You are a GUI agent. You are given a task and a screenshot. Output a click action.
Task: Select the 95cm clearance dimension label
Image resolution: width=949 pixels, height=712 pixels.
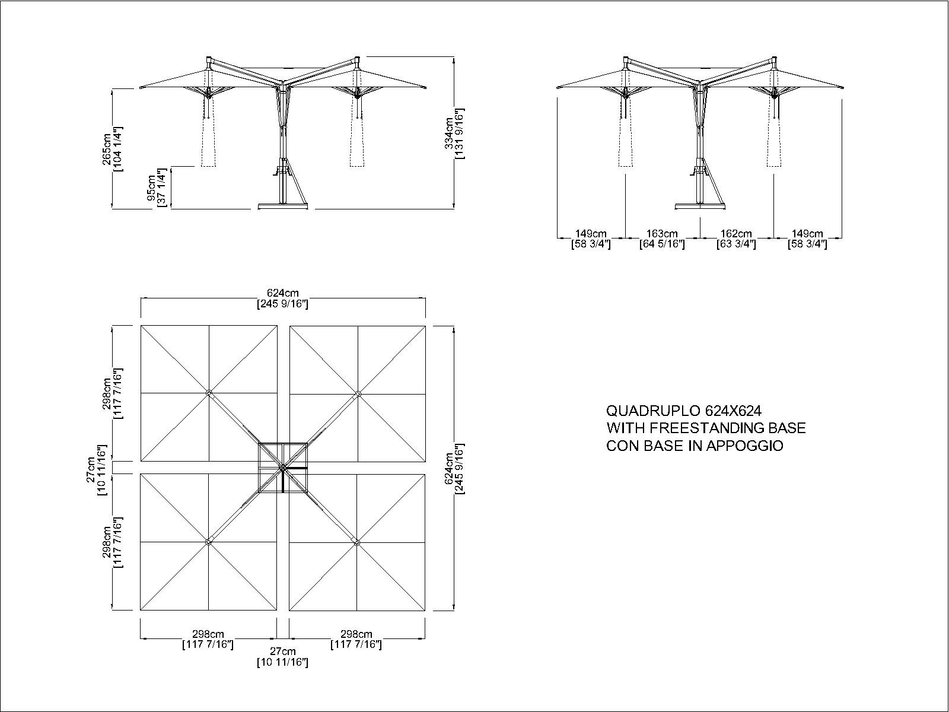click(152, 187)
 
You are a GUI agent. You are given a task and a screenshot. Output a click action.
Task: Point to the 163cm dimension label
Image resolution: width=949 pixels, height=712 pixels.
click(662, 234)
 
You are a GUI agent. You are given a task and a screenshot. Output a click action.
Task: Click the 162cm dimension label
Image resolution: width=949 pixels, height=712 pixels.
click(736, 234)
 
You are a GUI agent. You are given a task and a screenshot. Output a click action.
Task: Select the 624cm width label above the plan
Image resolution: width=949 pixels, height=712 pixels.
click(283, 294)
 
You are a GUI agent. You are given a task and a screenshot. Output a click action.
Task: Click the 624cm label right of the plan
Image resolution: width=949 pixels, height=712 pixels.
click(450, 469)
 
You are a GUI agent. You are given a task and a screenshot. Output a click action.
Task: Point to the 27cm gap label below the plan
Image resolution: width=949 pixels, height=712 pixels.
click(283, 651)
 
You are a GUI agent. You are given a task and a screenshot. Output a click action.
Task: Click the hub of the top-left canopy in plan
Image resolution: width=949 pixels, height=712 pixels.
click(209, 393)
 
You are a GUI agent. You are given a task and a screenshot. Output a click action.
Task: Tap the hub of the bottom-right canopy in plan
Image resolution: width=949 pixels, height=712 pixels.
click(356, 542)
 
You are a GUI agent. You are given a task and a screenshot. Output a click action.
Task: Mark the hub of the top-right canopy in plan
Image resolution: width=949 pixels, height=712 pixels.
click(358, 393)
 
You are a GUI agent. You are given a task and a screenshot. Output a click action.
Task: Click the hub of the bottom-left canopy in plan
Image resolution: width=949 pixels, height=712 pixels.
click(208, 541)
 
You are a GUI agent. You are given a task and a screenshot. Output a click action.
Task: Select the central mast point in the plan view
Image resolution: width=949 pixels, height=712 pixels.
click(282, 468)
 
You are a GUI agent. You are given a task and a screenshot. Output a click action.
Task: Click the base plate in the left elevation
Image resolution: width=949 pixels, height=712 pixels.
click(283, 206)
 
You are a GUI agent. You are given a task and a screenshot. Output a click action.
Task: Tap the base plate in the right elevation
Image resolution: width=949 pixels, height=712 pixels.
click(700, 206)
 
